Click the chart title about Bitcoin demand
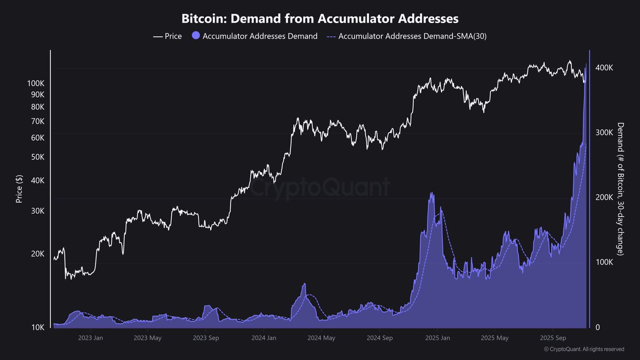320,19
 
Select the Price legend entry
167,36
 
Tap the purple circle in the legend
195,36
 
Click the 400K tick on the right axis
604,68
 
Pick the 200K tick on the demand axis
604,197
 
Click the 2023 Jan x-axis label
91,338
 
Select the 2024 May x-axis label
322,338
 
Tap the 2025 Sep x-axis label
553,338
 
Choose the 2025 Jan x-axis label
437,338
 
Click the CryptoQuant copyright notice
583,349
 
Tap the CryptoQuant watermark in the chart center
320,188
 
